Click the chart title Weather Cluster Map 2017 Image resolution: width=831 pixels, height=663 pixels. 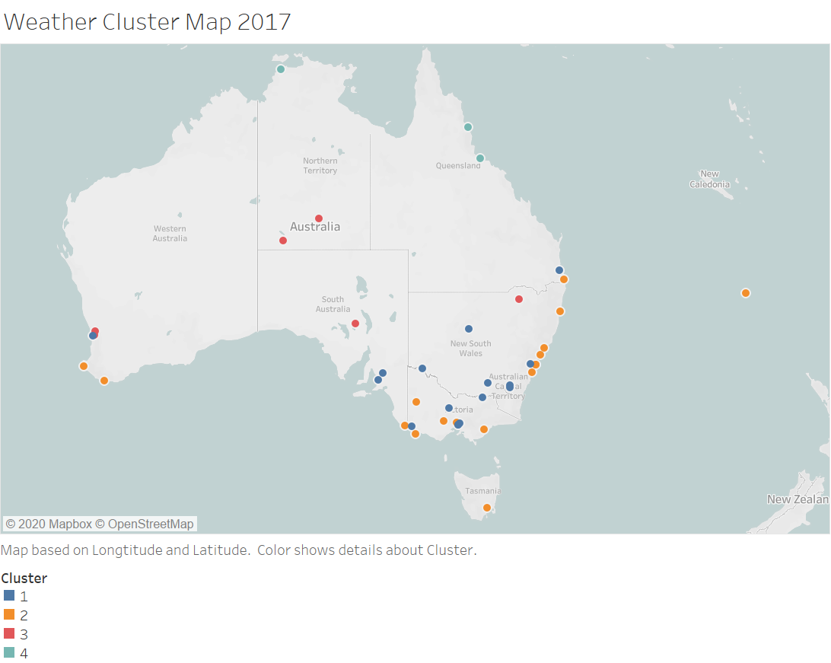(x=148, y=21)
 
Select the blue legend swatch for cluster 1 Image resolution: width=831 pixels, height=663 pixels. (x=9, y=596)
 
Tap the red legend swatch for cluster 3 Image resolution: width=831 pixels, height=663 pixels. (x=9, y=633)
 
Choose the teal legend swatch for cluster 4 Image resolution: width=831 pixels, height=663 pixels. (x=9, y=652)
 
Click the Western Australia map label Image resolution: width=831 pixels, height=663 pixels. (x=170, y=234)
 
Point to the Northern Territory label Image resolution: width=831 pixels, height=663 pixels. (x=320, y=165)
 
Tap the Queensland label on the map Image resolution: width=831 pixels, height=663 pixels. (x=458, y=166)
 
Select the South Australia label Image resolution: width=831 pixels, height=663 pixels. (x=333, y=304)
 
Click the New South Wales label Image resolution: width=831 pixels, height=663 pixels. (x=470, y=348)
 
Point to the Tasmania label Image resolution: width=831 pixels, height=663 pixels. (x=483, y=491)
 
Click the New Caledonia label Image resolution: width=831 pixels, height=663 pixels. (x=709, y=179)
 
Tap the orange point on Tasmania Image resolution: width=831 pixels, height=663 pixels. (x=487, y=508)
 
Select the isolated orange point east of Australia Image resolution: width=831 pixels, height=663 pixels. (x=746, y=293)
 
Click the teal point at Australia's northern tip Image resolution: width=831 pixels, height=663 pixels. (x=280, y=69)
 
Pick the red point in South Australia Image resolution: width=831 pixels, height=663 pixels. (x=355, y=324)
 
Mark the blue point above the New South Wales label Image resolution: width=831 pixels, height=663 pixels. (x=469, y=329)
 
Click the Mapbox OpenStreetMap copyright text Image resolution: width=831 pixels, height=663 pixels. (x=100, y=524)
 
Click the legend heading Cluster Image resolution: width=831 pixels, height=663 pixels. (x=24, y=579)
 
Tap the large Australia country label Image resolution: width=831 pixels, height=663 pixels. (x=315, y=227)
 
